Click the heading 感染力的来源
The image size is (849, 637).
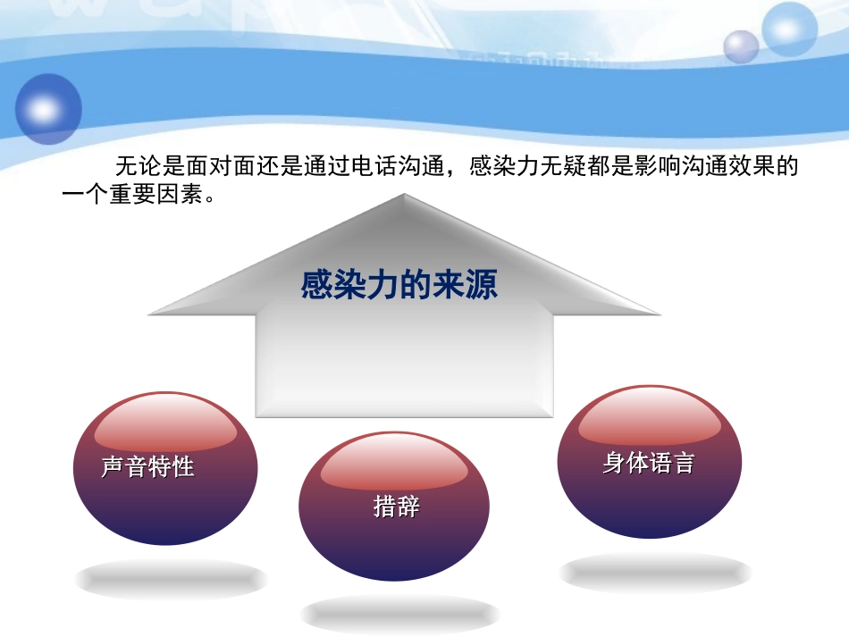click(x=399, y=286)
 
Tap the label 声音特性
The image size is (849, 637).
click(x=147, y=466)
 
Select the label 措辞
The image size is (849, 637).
click(x=397, y=507)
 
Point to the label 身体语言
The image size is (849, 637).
click(x=648, y=463)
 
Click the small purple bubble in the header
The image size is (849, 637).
click(x=741, y=46)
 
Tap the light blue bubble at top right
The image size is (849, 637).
click(x=790, y=29)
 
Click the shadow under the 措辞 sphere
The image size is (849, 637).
click(x=399, y=615)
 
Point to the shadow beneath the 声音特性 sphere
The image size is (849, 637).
click(x=171, y=580)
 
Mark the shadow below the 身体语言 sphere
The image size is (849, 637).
click(x=655, y=573)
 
